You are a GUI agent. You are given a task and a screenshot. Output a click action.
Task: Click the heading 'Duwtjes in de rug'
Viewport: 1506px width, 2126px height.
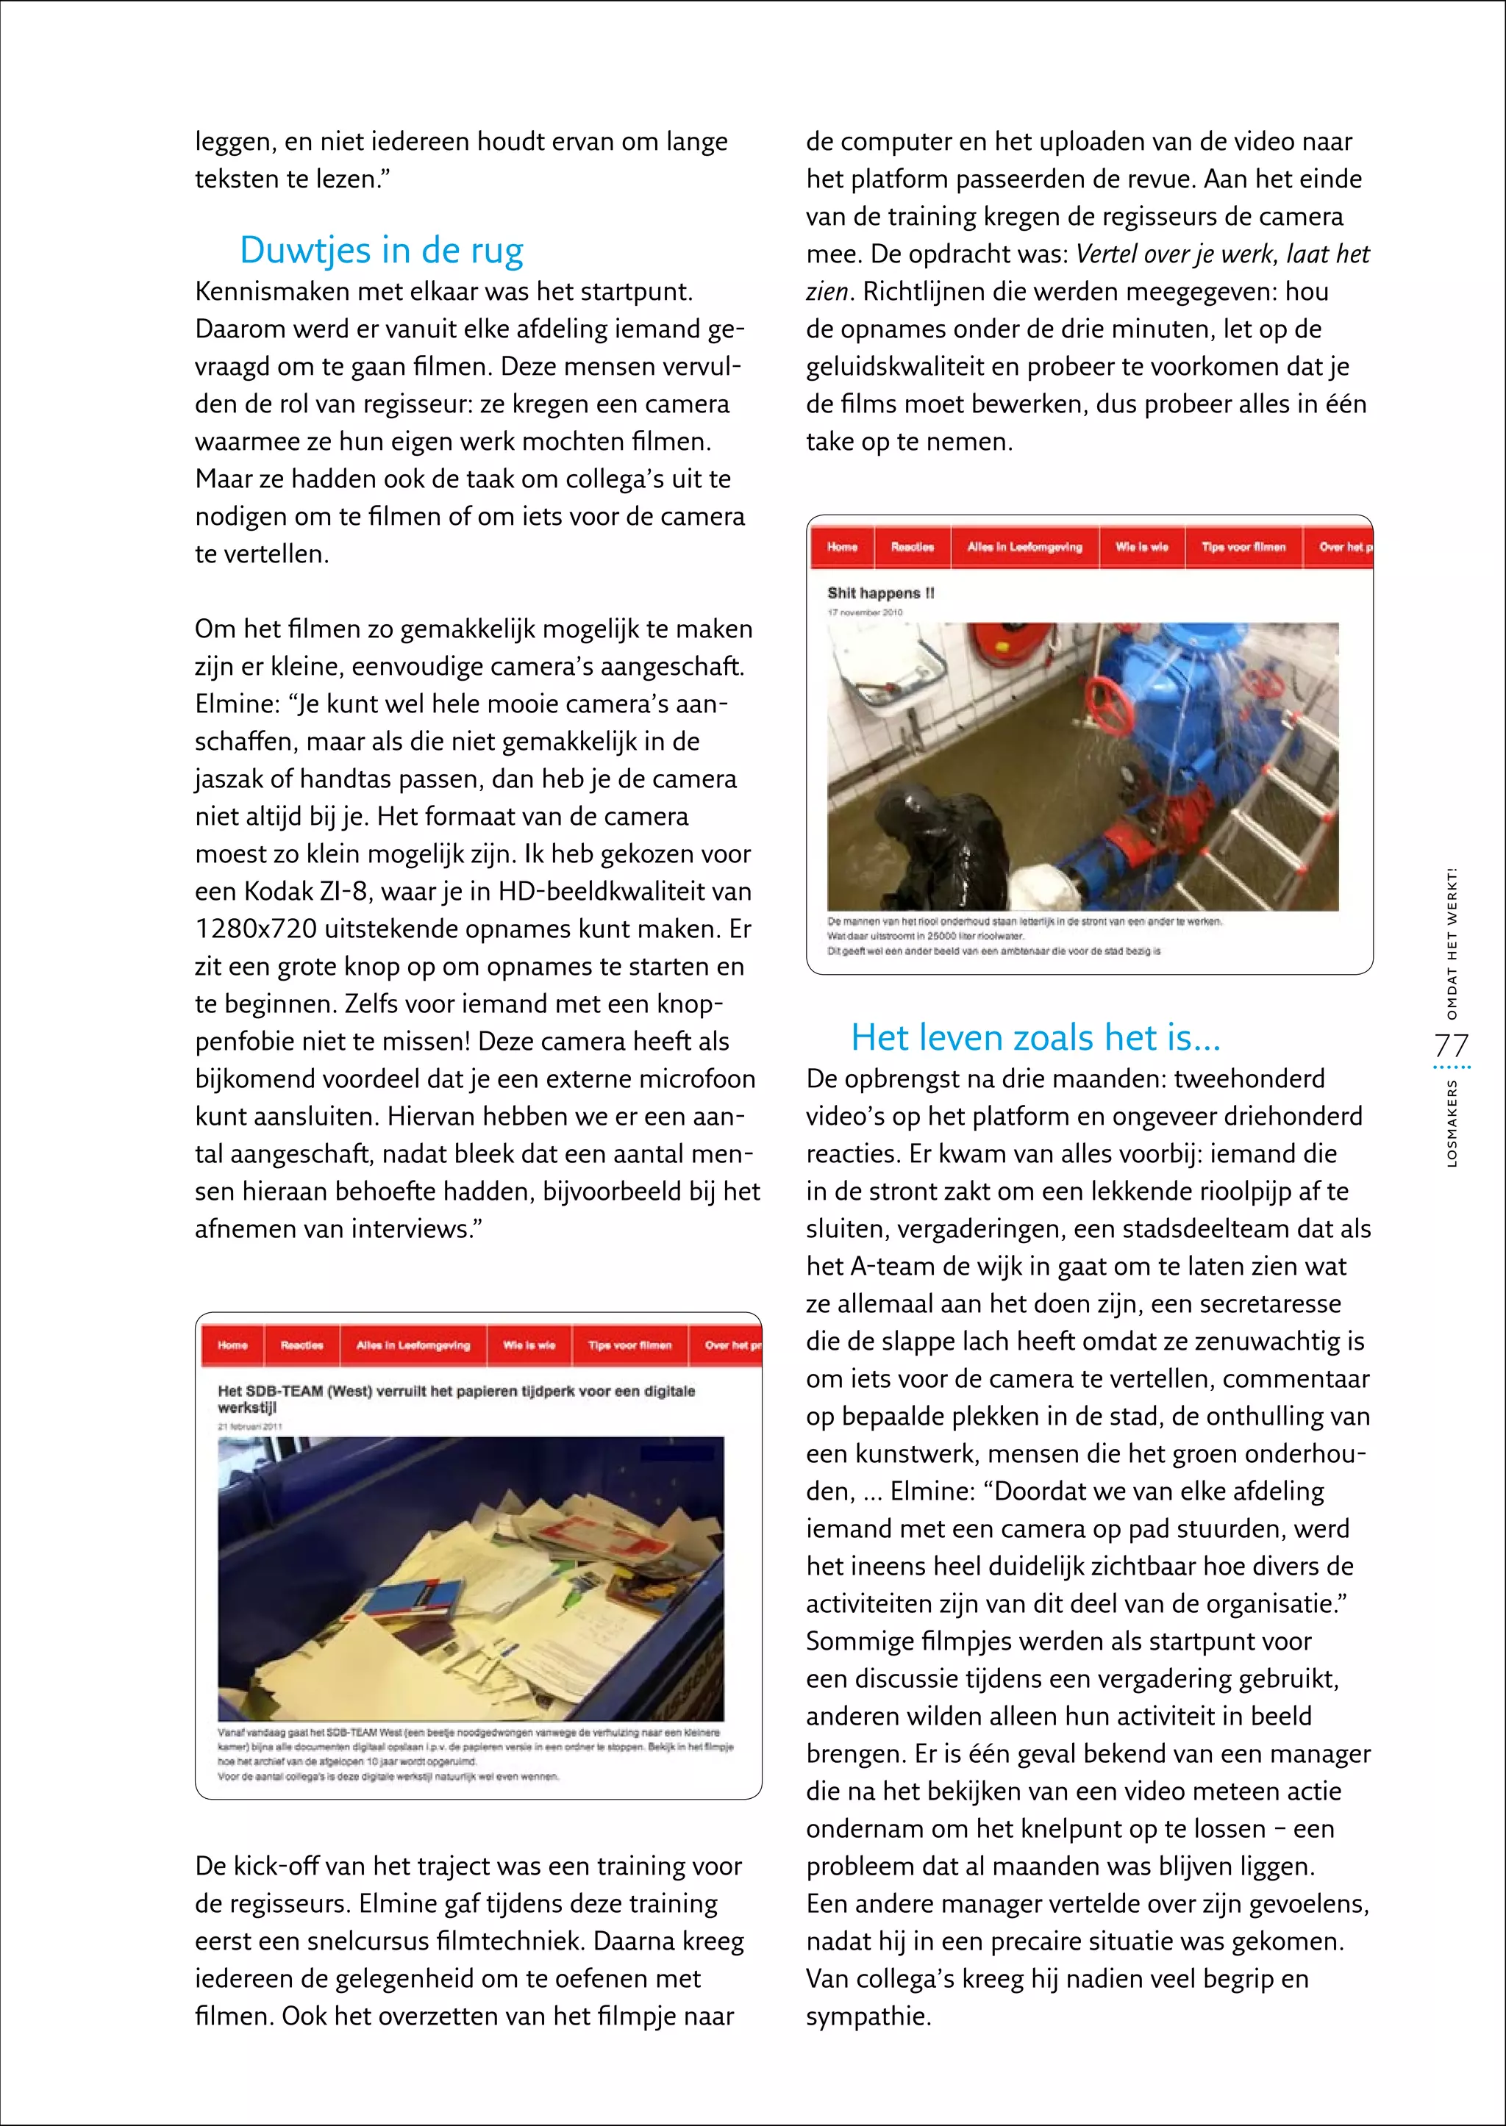381,251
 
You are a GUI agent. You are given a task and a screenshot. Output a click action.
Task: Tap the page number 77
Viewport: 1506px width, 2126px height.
1452,1046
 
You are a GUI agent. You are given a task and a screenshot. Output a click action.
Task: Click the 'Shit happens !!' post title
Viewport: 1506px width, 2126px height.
880,593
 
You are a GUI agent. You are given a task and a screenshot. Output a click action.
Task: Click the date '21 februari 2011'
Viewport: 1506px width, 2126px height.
249,1427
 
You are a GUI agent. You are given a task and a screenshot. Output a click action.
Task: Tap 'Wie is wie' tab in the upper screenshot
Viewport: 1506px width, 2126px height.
1141,547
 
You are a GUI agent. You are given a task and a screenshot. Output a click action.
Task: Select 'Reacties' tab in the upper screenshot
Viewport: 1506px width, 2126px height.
912,547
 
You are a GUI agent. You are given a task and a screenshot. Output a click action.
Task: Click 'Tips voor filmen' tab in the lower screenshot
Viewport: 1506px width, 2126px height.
629,1345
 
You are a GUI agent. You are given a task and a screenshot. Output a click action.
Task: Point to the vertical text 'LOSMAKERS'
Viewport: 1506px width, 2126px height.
1452,1123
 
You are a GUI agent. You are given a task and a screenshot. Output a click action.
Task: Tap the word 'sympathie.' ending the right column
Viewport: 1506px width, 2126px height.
868,2016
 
